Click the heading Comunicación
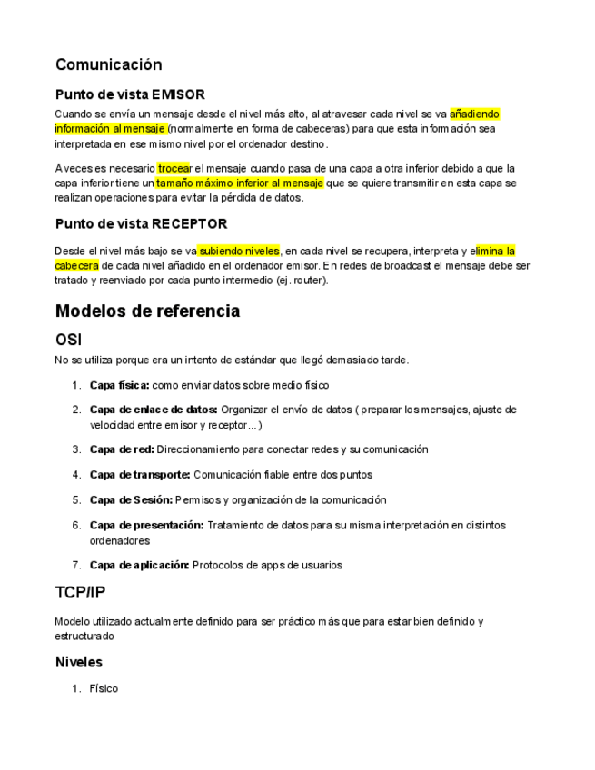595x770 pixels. click(x=108, y=64)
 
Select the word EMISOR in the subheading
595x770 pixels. click(x=178, y=94)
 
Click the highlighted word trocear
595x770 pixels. click(x=174, y=169)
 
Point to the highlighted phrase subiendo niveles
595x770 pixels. click(x=239, y=251)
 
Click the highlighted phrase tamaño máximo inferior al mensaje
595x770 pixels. click(x=240, y=183)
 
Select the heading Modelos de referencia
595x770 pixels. click(x=147, y=311)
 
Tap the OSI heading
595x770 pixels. click(x=69, y=340)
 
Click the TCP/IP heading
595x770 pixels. click(x=80, y=593)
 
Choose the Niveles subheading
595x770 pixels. click(x=78, y=663)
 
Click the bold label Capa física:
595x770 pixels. click(x=119, y=385)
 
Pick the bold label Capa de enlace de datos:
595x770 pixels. click(x=153, y=410)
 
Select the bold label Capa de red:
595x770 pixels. click(x=122, y=449)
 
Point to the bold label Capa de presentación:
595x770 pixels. click(x=146, y=525)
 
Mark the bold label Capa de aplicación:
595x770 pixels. click(x=139, y=565)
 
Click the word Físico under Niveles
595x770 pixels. click(x=104, y=689)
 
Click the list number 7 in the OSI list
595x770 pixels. click(x=75, y=565)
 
